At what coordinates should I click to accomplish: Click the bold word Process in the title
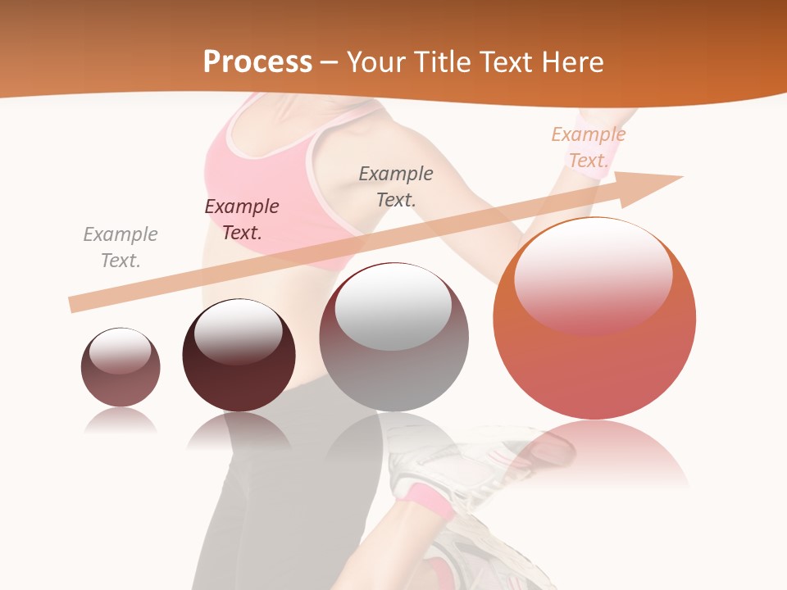click(x=257, y=62)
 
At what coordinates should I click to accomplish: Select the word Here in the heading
click(x=572, y=62)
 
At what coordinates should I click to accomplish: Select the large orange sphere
click(x=594, y=361)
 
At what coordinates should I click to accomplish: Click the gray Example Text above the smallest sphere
click(x=121, y=247)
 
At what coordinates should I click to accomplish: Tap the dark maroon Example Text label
click(x=242, y=220)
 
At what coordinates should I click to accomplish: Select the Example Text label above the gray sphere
click(x=396, y=186)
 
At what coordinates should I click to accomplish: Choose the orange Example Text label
click(x=588, y=147)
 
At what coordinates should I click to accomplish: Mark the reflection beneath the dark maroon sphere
click(x=239, y=430)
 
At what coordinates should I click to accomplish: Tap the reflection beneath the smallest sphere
click(x=121, y=420)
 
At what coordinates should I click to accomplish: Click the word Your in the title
click(x=375, y=62)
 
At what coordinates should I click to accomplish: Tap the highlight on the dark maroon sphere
click(x=239, y=330)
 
